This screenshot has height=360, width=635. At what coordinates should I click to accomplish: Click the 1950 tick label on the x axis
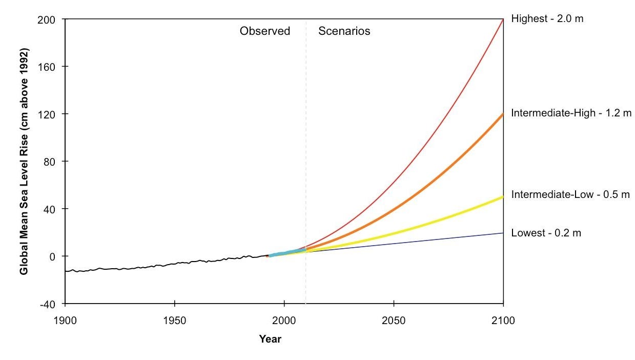click(175, 321)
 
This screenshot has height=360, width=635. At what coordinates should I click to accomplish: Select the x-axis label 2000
click(284, 321)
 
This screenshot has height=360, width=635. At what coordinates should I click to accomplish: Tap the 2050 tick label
click(394, 321)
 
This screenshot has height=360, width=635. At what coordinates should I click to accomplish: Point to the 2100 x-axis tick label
click(503, 321)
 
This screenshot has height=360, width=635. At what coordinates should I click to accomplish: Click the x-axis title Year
click(270, 339)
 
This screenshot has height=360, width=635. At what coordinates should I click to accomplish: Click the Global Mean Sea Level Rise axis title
click(25, 162)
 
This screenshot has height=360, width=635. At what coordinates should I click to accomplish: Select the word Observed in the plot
click(264, 31)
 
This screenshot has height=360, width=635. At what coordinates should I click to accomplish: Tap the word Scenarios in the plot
click(344, 31)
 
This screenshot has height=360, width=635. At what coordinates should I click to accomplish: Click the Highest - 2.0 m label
click(547, 19)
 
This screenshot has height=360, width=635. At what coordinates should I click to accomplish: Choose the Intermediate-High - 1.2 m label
click(571, 113)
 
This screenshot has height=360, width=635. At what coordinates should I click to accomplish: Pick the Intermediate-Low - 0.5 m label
click(570, 195)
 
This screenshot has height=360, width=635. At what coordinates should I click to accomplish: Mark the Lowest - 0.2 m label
click(546, 233)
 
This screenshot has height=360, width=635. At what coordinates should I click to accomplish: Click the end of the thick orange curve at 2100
click(502, 115)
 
